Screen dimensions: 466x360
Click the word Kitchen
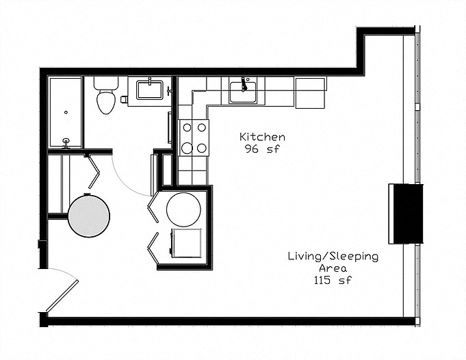(x=262, y=137)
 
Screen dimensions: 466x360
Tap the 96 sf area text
(x=262, y=149)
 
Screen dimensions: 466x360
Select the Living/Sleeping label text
(x=333, y=256)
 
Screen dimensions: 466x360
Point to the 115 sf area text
(x=333, y=280)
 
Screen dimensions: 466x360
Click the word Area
(x=333, y=268)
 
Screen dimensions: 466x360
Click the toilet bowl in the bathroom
(x=105, y=101)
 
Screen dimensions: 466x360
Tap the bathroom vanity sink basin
(x=149, y=90)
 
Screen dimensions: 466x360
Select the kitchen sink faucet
(x=244, y=84)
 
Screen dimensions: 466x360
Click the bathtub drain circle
(x=66, y=112)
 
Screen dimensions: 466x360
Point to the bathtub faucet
(x=66, y=142)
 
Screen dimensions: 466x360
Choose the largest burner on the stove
(x=187, y=148)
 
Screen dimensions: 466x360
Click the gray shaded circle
(x=89, y=216)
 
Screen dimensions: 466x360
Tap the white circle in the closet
(x=183, y=209)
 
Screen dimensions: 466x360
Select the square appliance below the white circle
(x=186, y=243)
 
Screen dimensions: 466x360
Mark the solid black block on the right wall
(x=406, y=214)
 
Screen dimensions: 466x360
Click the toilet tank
(x=106, y=83)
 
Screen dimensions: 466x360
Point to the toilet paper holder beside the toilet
(x=124, y=99)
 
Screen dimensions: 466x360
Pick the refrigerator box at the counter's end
(x=310, y=93)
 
